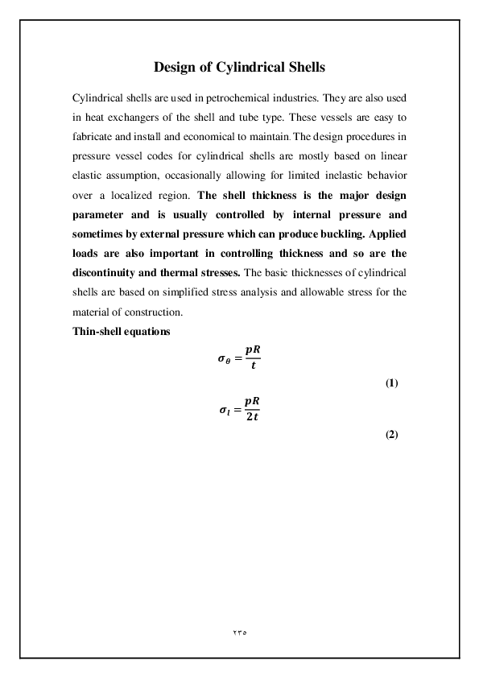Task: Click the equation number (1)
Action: pyautogui.click(x=392, y=382)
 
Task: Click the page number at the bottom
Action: pyautogui.click(x=239, y=633)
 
